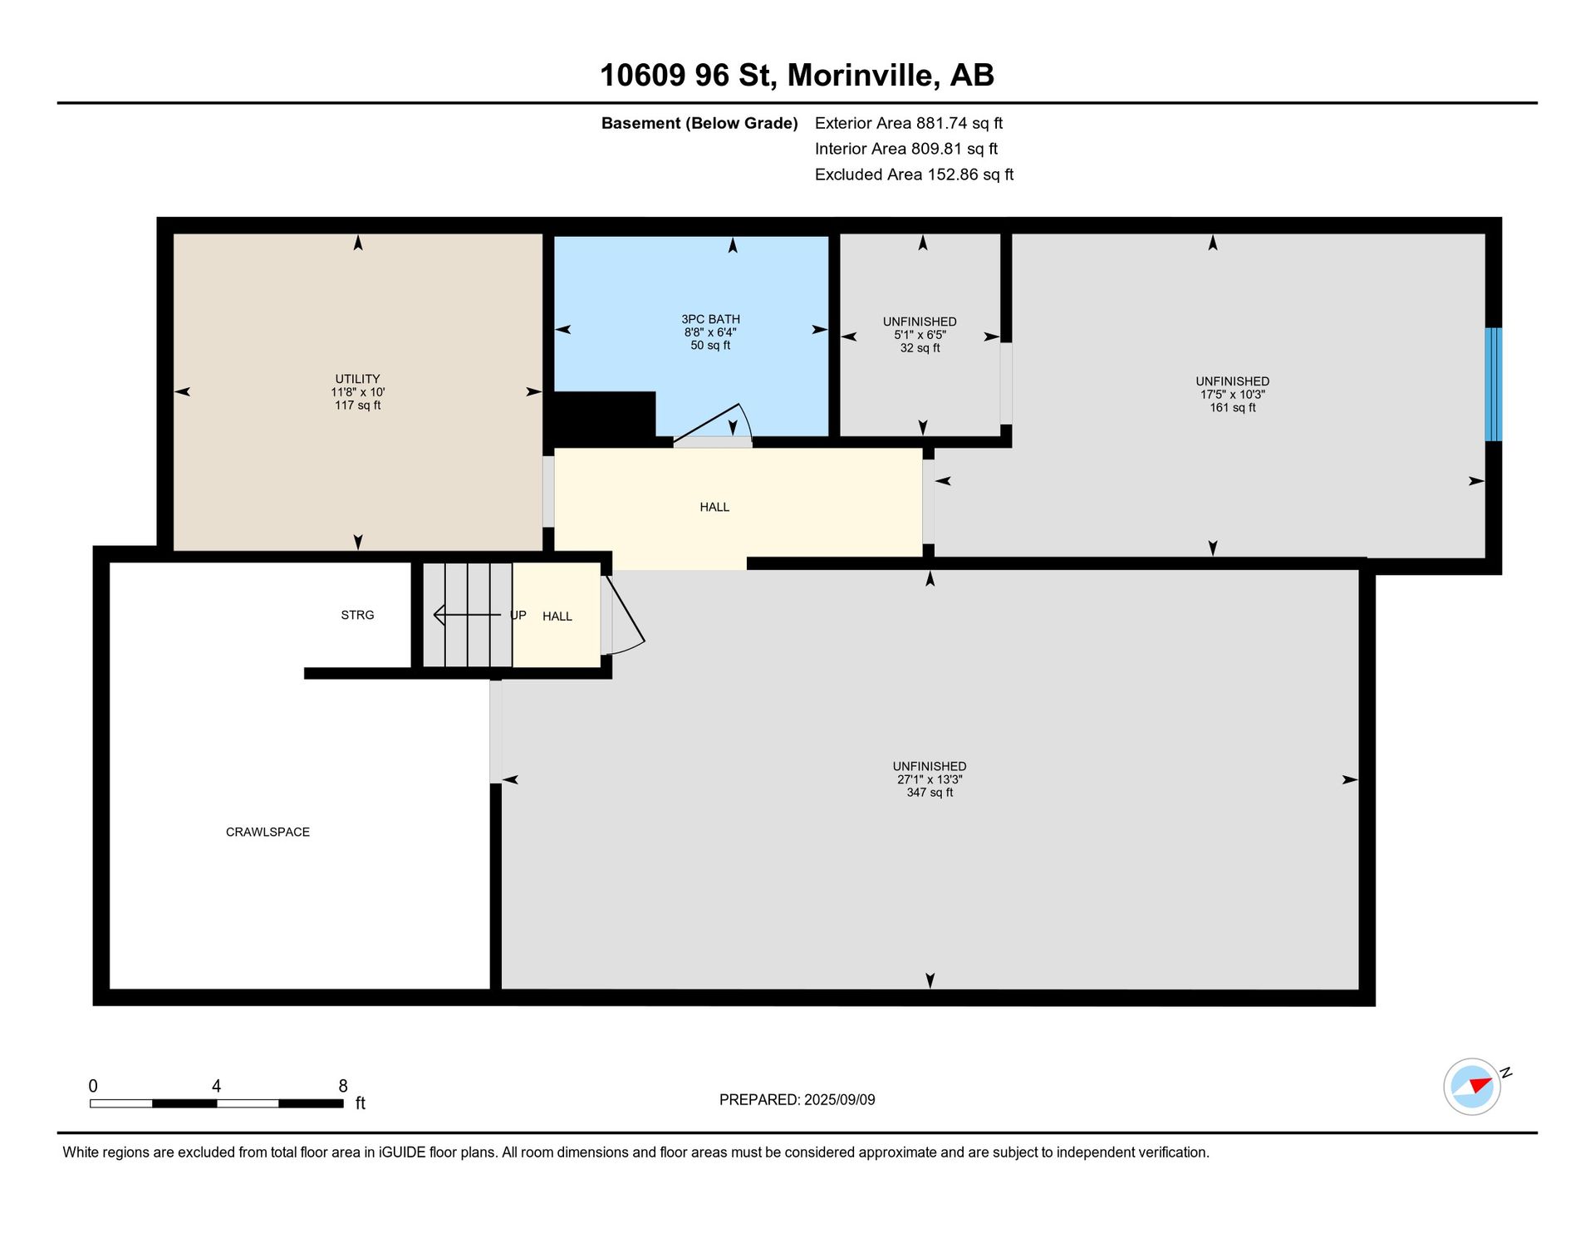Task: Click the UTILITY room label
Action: [x=357, y=379]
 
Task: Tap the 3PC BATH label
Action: [x=710, y=319]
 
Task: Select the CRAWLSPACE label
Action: [x=267, y=832]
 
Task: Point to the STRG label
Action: [x=357, y=615]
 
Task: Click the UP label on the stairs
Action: [x=518, y=616]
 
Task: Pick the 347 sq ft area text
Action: [x=930, y=793]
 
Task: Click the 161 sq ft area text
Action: [x=1233, y=408]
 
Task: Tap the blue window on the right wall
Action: [x=1493, y=384]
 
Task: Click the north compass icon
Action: [x=1473, y=1086]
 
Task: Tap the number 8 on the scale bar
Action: [x=343, y=1086]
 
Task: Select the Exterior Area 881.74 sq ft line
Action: [x=909, y=123]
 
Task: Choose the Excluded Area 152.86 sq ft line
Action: [x=914, y=174]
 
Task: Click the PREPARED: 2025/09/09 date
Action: [x=797, y=1100]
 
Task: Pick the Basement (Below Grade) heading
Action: [x=699, y=123]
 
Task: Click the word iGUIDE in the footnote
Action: [x=402, y=1152]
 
